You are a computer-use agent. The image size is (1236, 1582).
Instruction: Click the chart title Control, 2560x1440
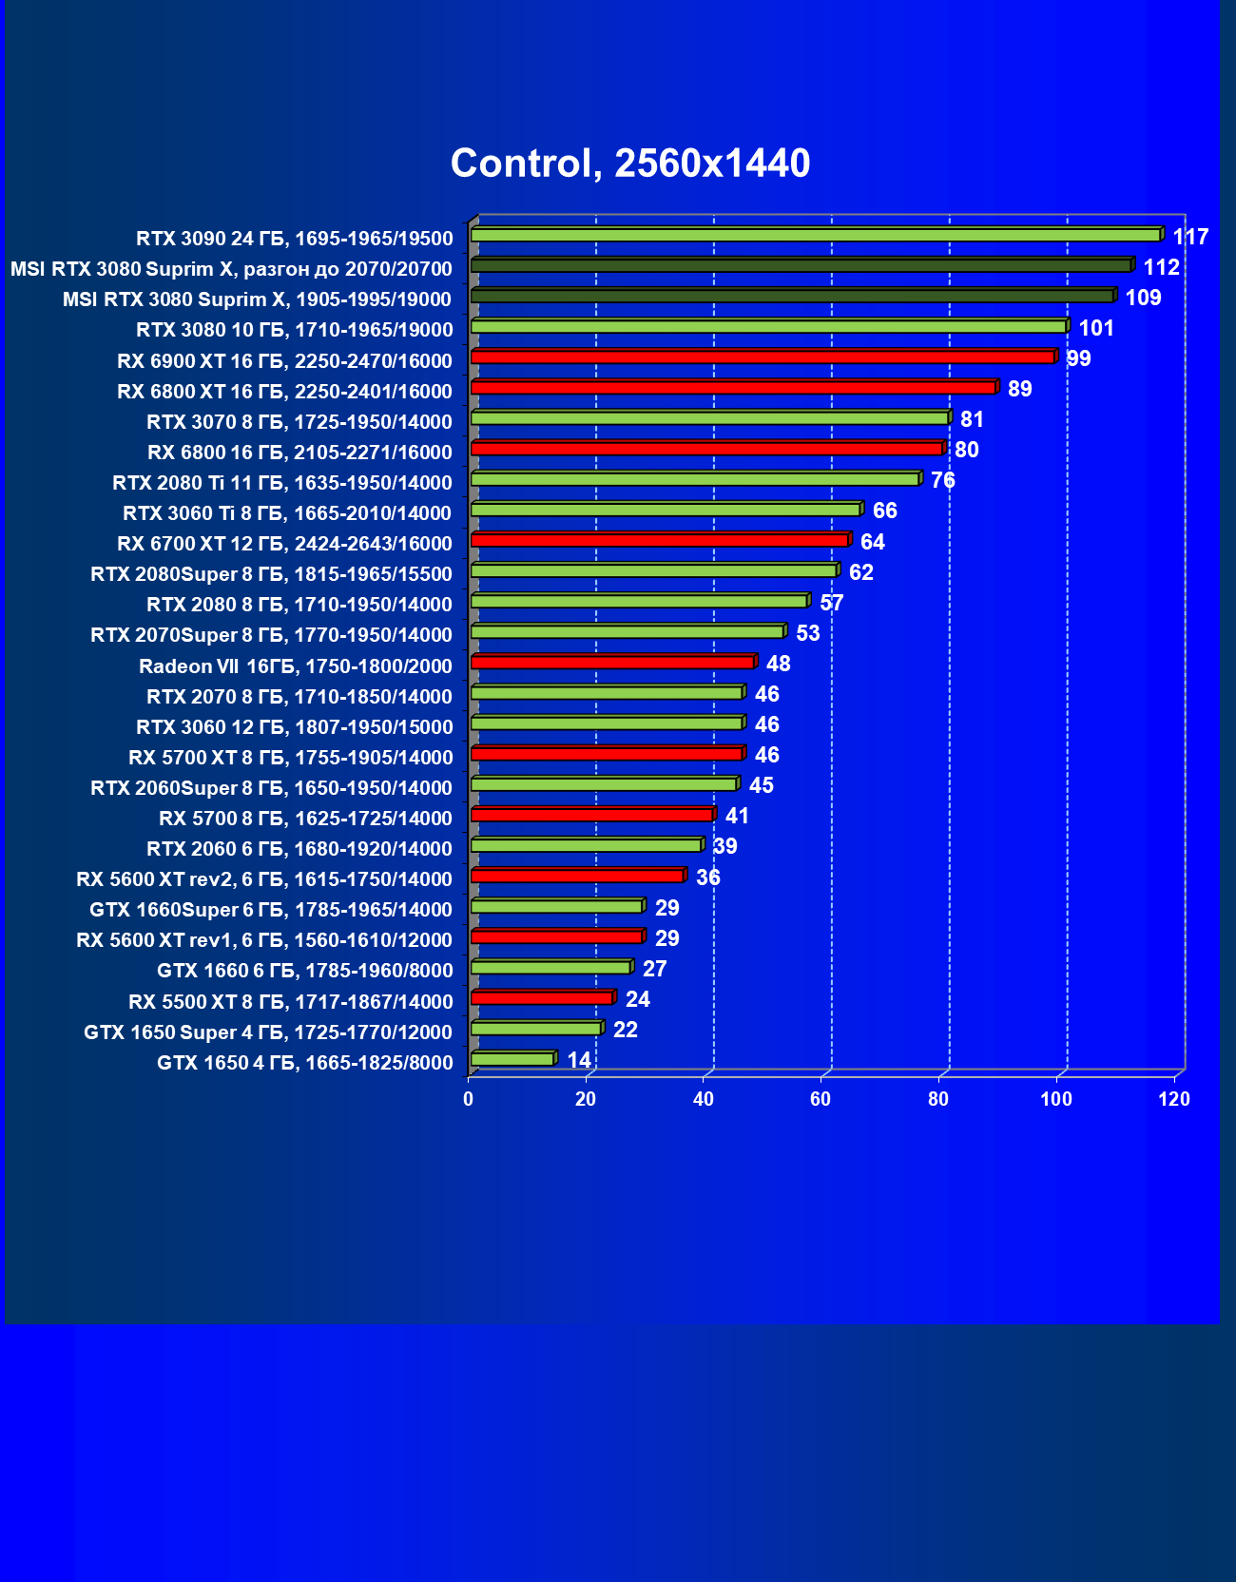point(630,164)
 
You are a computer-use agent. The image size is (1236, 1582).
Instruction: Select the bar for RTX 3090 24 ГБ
point(816,235)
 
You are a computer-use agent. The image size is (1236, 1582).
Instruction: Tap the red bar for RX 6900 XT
point(763,357)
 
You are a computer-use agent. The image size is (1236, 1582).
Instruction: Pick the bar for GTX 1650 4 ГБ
point(512,1059)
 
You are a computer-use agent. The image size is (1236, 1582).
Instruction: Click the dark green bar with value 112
point(801,265)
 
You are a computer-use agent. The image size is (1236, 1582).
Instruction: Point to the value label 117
point(1190,237)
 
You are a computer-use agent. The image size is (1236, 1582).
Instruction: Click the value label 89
point(1019,389)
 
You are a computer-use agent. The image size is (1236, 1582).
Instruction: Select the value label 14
point(578,1060)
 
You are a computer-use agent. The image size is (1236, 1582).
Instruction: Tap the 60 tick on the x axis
point(821,1099)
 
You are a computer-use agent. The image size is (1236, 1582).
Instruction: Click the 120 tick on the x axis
point(1174,1099)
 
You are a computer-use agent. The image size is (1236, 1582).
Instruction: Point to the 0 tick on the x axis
point(468,1099)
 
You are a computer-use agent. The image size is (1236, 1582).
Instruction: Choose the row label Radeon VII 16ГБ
point(296,666)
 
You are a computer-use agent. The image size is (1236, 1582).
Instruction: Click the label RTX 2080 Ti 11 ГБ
point(281,483)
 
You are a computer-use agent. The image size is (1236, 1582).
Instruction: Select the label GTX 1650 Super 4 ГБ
point(268,1032)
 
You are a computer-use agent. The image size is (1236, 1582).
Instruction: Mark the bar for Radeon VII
point(612,662)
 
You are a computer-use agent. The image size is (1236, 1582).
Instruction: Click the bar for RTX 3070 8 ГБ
point(709,417)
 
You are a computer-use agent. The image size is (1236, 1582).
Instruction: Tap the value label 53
point(807,633)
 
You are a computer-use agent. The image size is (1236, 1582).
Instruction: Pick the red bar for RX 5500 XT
point(542,997)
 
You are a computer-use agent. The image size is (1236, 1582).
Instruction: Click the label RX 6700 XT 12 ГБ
point(284,544)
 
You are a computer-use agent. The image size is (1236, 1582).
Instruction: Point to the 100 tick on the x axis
point(1056,1099)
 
